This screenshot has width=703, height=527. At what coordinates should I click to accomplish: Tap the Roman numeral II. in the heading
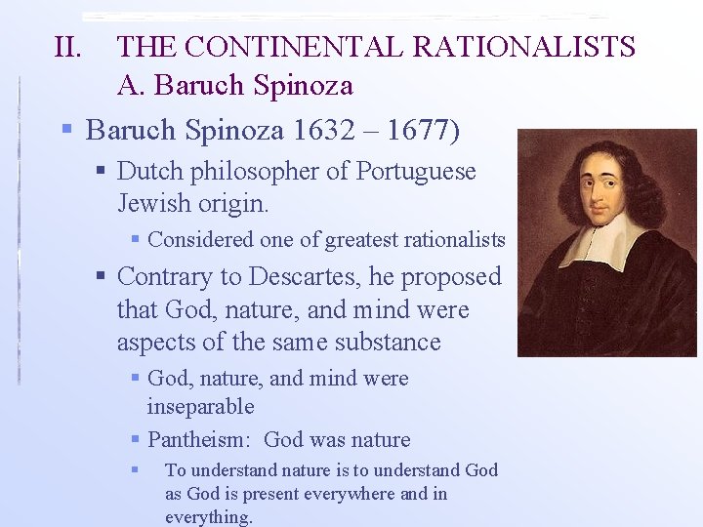point(71,47)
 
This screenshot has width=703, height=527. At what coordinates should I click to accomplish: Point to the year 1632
point(314,130)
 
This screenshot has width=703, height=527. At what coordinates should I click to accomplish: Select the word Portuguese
point(416,172)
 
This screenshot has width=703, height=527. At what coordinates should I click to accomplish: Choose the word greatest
point(360,239)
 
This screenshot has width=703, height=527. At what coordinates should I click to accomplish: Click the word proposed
point(447,277)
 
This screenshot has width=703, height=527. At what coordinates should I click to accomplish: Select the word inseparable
point(200,406)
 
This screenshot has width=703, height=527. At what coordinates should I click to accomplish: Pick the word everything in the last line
point(208,517)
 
